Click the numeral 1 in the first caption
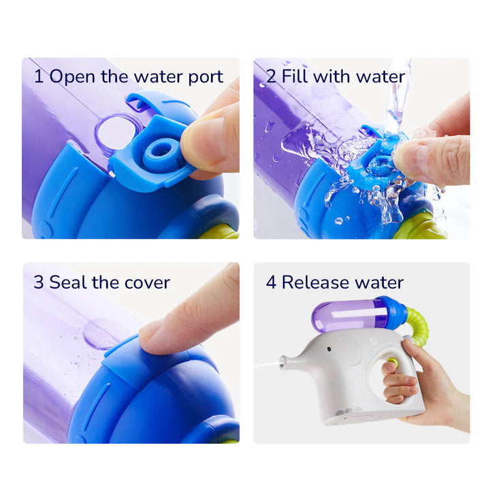coord(38,76)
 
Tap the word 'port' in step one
coord(206,78)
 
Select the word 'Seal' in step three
coord(68,282)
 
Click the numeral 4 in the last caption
coord(271,282)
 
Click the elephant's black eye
coord(329,348)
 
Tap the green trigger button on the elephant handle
coord(392,362)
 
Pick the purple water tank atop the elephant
coord(350,316)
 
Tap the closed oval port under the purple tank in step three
coord(100,333)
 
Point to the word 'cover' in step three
coord(147,283)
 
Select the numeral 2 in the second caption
coord(272,76)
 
